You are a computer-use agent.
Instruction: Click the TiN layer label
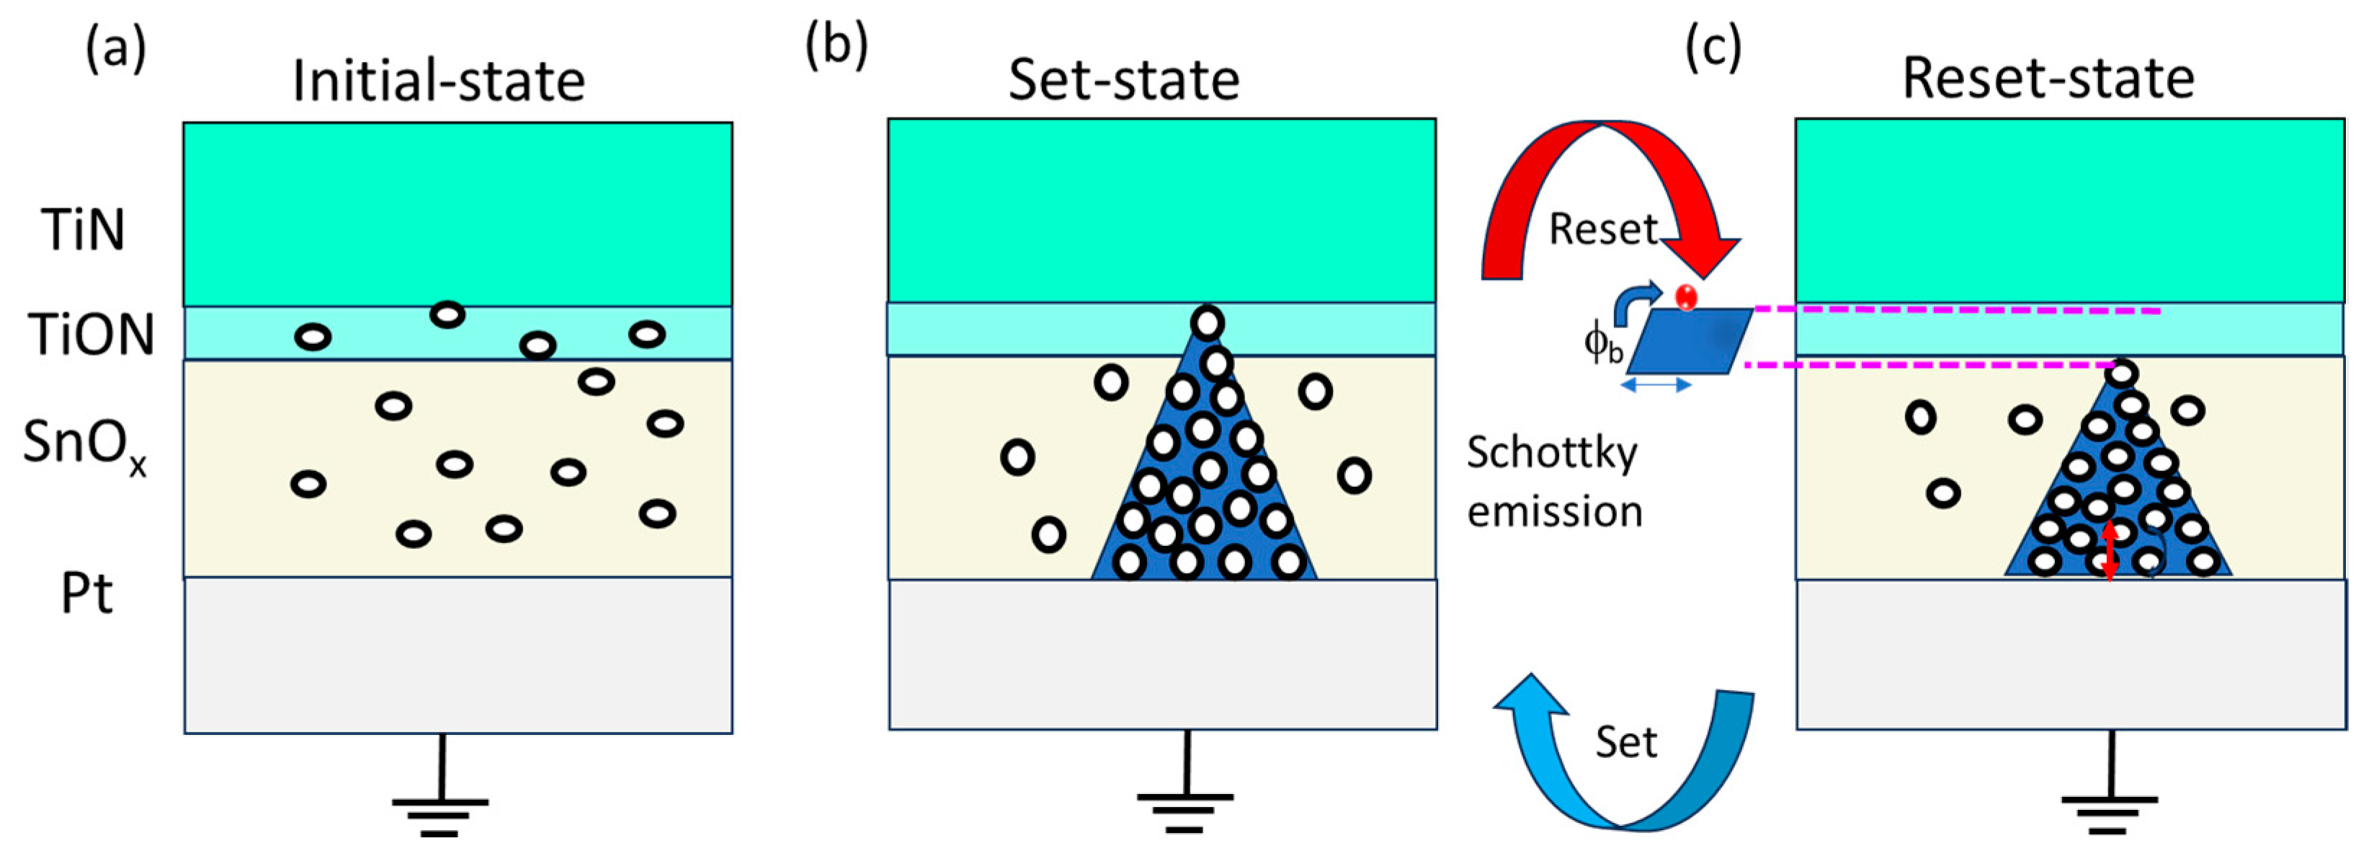click(x=83, y=229)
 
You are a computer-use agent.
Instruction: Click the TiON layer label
click(x=91, y=334)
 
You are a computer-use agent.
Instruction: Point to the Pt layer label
click(x=86, y=594)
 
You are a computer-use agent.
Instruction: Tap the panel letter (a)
click(x=116, y=48)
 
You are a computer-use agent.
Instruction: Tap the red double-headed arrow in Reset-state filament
click(x=2110, y=551)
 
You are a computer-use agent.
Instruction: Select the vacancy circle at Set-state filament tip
click(x=1207, y=323)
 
